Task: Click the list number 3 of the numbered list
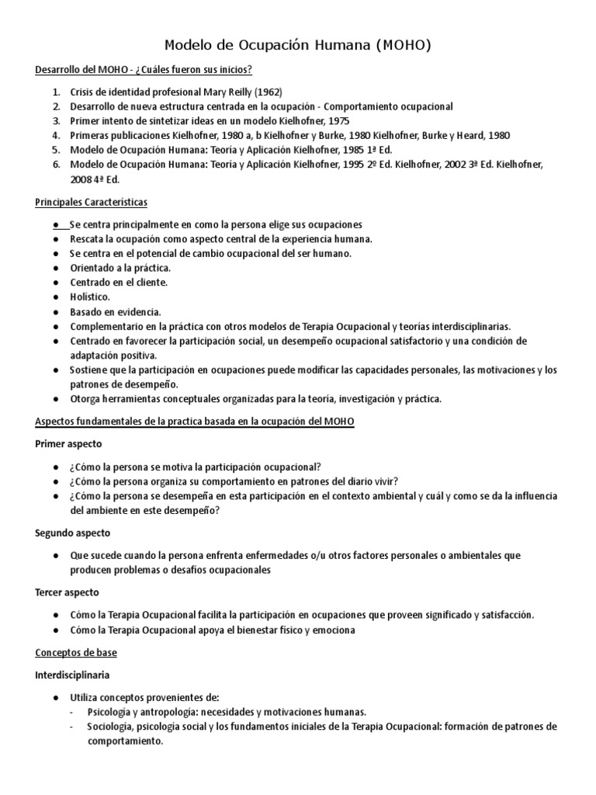(56, 120)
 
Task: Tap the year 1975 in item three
(338, 120)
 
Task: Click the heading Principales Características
(91, 202)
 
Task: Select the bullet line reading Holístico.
(90, 297)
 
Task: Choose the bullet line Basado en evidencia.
(115, 311)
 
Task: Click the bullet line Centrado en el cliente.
(118, 282)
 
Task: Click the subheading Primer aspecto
(68, 443)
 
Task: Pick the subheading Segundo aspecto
(73, 533)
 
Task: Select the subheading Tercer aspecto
(67, 592)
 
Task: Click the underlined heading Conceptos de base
(76, 652)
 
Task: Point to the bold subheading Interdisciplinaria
(77, 675)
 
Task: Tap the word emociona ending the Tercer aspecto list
(332, 630)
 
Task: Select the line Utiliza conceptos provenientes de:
(144, 697)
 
